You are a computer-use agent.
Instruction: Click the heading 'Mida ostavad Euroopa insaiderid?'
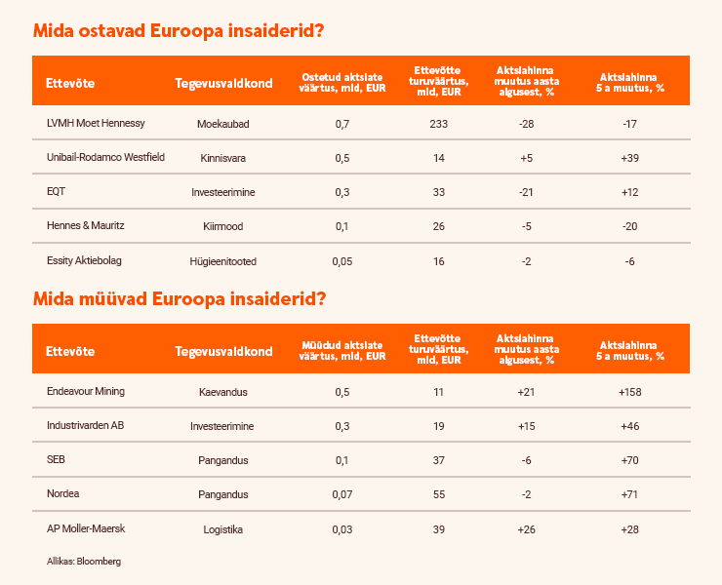179,30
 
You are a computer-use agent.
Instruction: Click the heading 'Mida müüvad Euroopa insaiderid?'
179,298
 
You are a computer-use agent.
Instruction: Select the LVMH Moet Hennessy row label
96,123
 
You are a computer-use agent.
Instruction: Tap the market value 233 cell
438,123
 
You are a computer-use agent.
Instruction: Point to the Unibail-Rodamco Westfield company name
105,157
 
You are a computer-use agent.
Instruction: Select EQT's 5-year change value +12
629,192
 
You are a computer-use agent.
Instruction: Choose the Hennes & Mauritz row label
86,226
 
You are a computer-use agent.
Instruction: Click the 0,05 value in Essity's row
341,260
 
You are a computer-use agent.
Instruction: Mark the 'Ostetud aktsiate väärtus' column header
341,82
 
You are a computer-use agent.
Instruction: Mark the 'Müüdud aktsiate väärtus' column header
341,351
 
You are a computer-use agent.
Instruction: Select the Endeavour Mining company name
86,391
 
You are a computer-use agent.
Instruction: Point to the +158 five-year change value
629,392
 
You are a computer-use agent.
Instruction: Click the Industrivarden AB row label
86,426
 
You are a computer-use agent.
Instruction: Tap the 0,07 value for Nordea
341,495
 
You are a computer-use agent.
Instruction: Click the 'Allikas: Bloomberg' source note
84,561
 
